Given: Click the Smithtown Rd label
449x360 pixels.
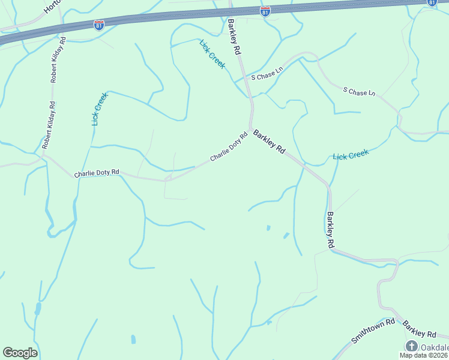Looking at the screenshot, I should coord(373,330).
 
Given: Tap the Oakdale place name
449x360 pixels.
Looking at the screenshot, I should coord(433,347).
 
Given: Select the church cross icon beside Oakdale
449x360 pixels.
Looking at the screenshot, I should coord(411,346).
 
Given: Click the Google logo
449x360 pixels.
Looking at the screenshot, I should coord(20,353).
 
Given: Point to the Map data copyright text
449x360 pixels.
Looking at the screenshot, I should coord(424,355).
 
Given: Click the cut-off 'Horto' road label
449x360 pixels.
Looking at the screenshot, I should coord(53,7).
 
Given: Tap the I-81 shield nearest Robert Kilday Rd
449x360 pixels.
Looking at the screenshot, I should coord(99,25).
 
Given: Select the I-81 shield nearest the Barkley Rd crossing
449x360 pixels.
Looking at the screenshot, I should coord(265,11).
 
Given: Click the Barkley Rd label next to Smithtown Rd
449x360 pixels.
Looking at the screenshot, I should coord(420,329).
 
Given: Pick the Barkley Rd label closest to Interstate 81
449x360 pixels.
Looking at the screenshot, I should coord(234,37).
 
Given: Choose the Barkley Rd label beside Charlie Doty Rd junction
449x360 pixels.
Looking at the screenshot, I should coord(268,142).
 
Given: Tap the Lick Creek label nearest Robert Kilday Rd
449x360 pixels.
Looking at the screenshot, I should coord(100,109).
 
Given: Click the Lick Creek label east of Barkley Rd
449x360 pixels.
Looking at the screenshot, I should coord(351,155).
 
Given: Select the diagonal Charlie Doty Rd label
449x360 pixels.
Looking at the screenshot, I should coord(229,146).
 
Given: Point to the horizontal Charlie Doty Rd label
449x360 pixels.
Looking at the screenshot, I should coord(97,173).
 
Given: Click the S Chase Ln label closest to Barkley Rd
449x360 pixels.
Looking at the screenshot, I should coord(267,74).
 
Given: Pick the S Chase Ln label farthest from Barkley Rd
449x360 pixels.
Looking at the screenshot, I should coord(359,92).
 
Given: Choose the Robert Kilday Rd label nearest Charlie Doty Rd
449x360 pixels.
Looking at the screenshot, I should coord(49,125).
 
